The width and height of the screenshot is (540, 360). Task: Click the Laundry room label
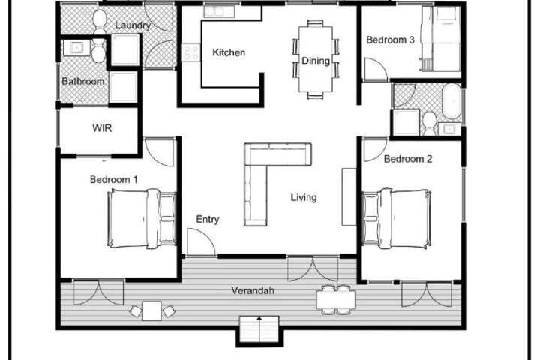(x=133, y=25)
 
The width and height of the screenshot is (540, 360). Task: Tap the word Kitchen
(x=229, y=52)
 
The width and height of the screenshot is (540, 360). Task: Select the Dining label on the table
(x=316, y=61)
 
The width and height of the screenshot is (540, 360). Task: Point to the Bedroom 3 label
(x=390, y=40)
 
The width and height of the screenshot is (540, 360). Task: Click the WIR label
(x=102, y=128)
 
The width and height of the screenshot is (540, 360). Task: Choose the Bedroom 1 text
(x=114, y=179)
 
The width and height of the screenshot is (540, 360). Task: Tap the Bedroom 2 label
(x=408, y=159)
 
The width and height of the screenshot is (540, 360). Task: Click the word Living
(x=304, y=197)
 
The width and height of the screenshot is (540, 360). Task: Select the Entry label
(x=207, y=220)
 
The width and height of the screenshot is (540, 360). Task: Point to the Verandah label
(x=253, y=290)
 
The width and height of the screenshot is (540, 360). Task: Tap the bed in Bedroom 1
(x=142, y=218)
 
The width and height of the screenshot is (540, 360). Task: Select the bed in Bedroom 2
(x=397, y=218)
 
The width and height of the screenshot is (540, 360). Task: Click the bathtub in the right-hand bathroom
(x=451, y=101)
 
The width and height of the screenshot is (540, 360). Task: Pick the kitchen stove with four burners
(x=190, y=52)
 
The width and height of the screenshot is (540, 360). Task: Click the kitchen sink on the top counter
(x=219, y=11)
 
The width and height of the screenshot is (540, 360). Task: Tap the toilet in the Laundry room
(x=100, y=22)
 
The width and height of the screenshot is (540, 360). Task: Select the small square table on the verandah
(x=151, y=310)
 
